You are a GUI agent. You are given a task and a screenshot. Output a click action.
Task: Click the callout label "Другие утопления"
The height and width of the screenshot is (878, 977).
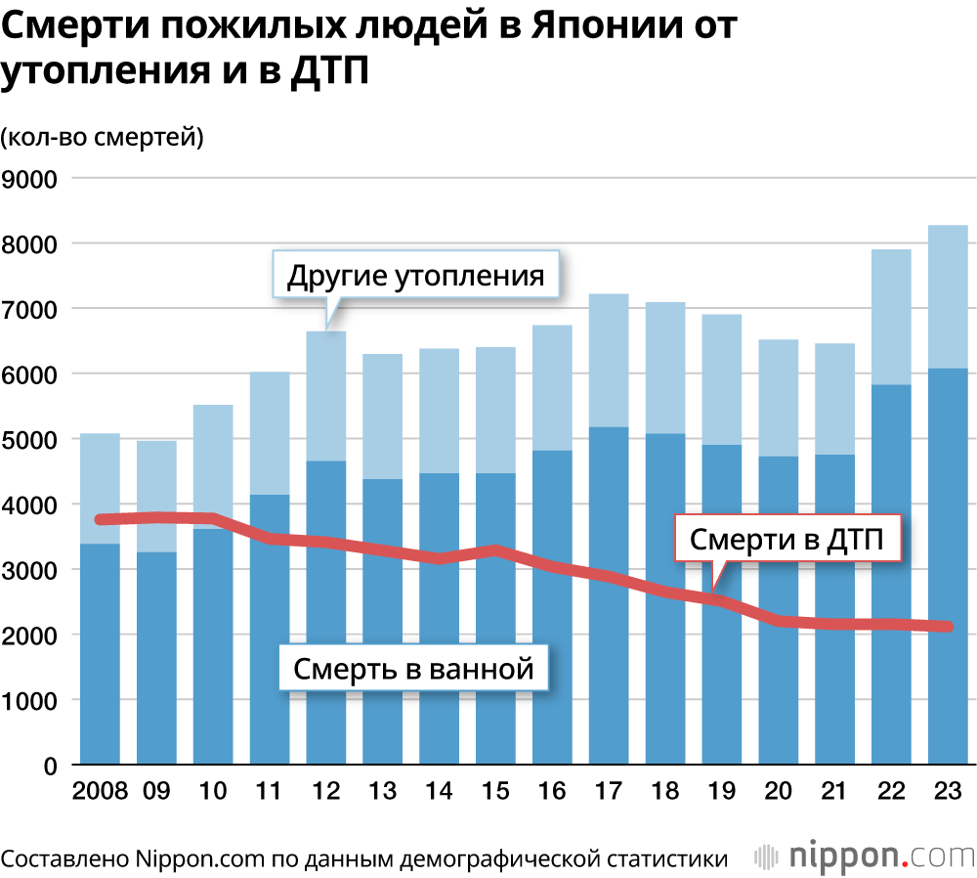[415, 276]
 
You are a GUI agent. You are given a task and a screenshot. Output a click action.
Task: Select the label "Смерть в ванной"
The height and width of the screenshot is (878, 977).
[414, 670]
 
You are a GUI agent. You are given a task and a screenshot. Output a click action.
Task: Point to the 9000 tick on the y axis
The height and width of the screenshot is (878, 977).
[33, 179]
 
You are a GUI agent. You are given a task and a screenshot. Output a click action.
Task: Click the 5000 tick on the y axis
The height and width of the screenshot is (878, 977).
[33, 440]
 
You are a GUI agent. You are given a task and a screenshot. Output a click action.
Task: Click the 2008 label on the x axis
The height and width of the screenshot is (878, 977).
[99, 791]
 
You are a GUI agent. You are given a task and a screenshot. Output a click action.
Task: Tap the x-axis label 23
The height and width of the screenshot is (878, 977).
[947, 791]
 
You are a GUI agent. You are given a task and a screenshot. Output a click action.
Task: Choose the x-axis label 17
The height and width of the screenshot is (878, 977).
[608, 791]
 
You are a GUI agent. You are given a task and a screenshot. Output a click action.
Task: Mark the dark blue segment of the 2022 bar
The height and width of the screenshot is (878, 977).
[890, 489]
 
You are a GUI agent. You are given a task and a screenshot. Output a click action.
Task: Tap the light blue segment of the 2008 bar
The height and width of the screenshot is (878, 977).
[99, 479]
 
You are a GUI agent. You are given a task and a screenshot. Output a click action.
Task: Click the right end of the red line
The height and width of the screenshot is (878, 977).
[947, 627]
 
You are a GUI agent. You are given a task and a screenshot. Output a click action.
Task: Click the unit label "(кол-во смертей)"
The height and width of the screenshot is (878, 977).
[103, 136]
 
